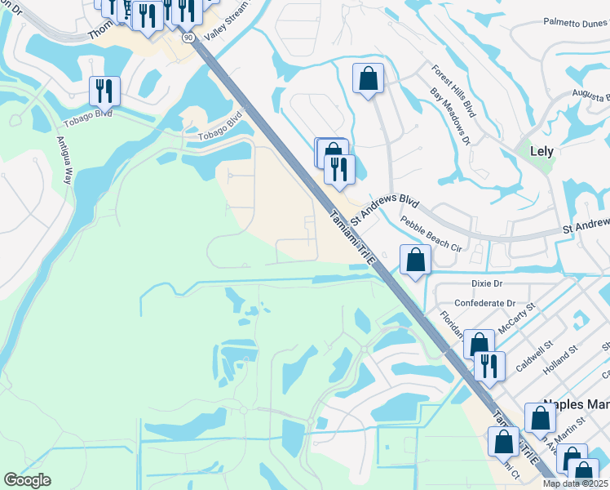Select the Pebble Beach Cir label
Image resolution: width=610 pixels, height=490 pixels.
click(431, 233)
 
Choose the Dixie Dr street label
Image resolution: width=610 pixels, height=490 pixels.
click(490, 283)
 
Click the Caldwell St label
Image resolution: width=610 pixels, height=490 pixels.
click(533, 355)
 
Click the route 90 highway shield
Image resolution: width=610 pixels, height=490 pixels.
click(188, 38)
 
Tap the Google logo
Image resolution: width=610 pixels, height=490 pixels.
click(27, 480)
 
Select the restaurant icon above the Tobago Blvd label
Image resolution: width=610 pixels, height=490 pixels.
click(104, 90)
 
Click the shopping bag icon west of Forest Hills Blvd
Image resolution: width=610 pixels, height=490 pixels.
click(368, 78)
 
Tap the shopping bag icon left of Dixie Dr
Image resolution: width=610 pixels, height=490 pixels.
click(415, 260)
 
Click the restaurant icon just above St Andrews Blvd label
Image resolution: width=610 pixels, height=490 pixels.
click(340, 168)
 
